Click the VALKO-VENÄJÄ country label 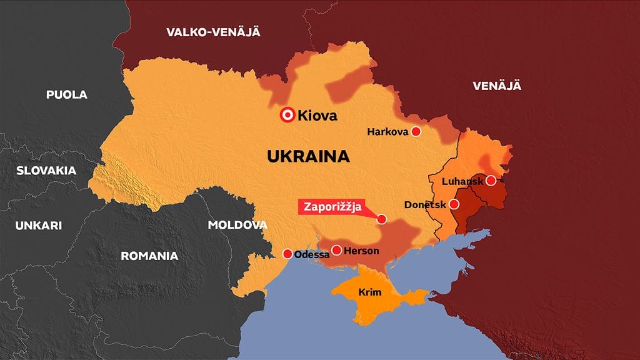[x=213, y=32]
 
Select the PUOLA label [x=67, y=95]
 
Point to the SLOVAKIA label [x=46, y=171]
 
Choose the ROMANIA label [x=149, y=256]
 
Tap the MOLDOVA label [x=237, y=225]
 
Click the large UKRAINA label [x=308, y=156]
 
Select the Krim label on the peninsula [x=370, y=292]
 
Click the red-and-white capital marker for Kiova [x=287, y=115]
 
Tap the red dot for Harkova [x=416, y=132]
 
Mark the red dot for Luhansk [x=491, y=181]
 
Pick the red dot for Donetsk [x=454, y=204]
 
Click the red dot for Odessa [x=287, y=254]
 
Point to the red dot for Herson [x=337, y=251]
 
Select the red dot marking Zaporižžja [x=382, y=219]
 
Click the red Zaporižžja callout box [x=334, y=207]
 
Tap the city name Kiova [x=317, y=116]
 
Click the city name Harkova [x=387, y=132]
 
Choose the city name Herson [x=362, y=251]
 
